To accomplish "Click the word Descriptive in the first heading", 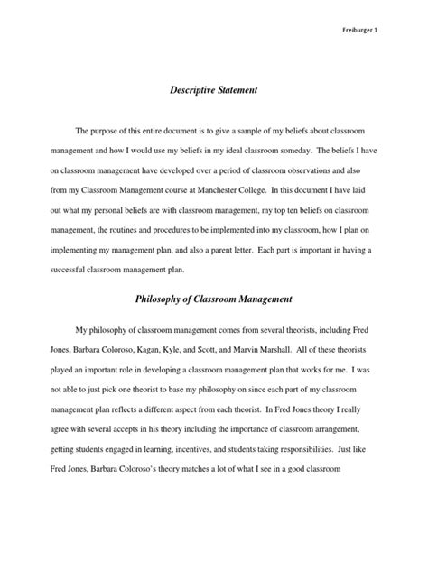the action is coord(192,90).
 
